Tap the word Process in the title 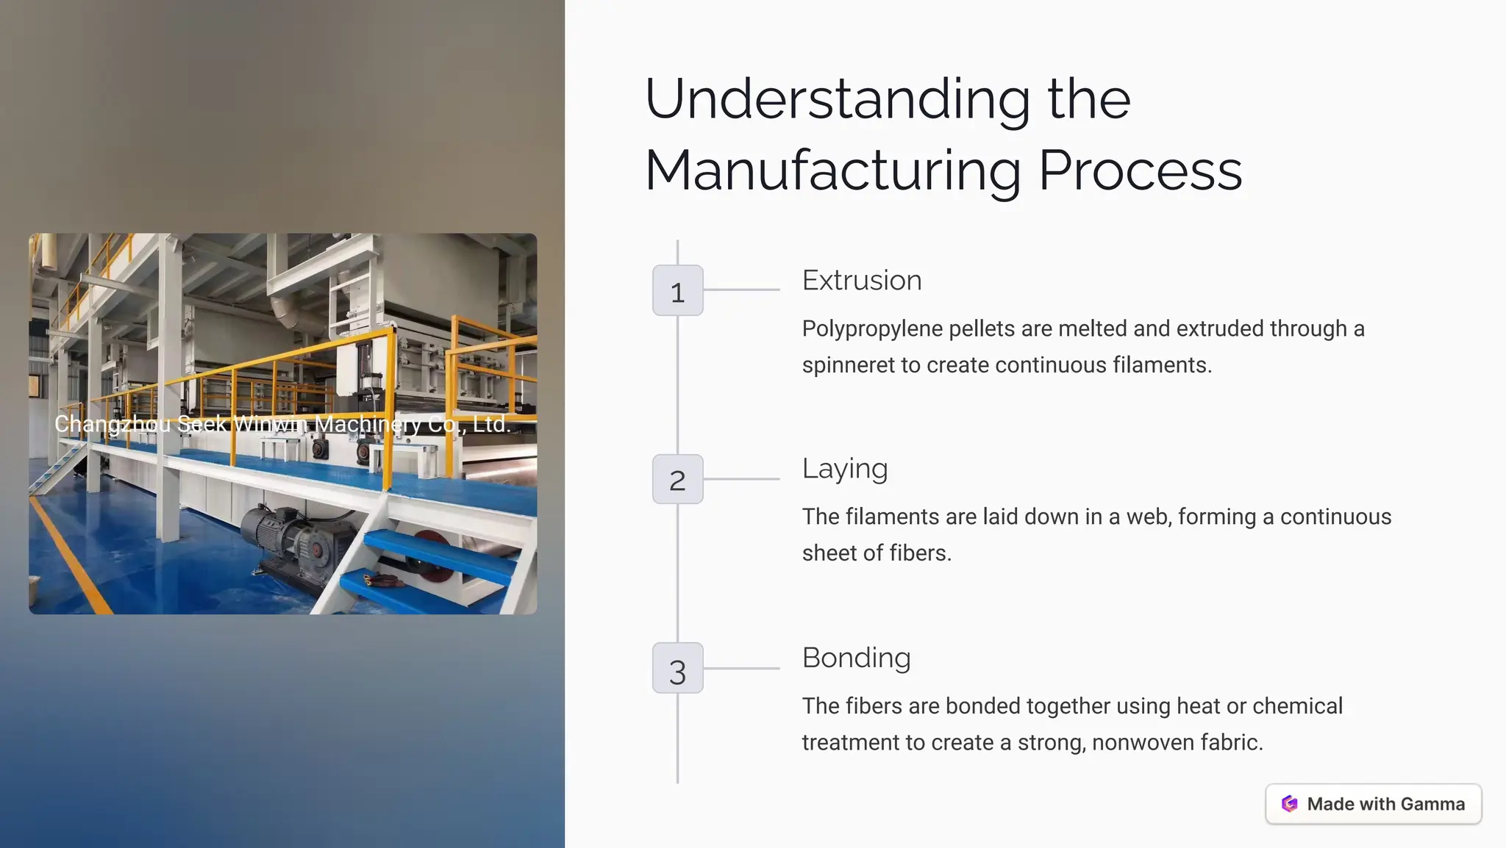point(1141,171)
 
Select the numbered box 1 point(678,290)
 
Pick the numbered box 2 point(678,479)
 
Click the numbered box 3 point(678,668)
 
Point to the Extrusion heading point(862,281)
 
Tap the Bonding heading point(857,658)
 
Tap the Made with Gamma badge point(1374,804)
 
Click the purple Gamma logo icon point(1289,804)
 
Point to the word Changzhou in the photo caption point(113,425)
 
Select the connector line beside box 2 point(741,479)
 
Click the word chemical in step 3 point(1297,706)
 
